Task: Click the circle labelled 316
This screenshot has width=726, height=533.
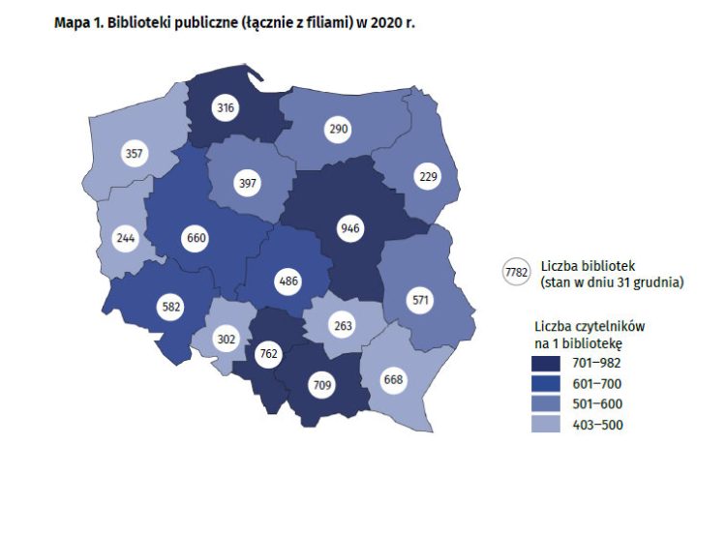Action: pyautogui.click(x=227, y=107)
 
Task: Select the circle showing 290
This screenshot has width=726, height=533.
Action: pyautogui.click(x=338, y=128)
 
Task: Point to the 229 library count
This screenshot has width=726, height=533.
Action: pyautogui.click(x=427, y=176)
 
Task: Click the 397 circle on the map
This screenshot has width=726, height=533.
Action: pyautogui.click(x=249, y=184)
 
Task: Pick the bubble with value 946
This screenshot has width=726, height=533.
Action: pyautogui.click(x=349, y=229)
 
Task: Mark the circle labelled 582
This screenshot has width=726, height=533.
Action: pyautogui.click(x=170, y=308)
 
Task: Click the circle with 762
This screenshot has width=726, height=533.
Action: pyautogui.click(x=267, y=354)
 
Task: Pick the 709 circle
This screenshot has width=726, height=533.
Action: pyautogui.click(x=321, y=385)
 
